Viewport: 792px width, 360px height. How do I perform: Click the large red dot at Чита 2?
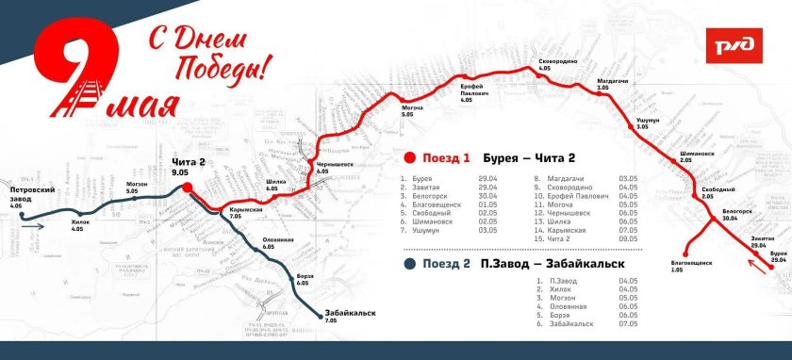[x=188, y=187]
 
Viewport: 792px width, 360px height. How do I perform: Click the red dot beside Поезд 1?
[x=408, y=157]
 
